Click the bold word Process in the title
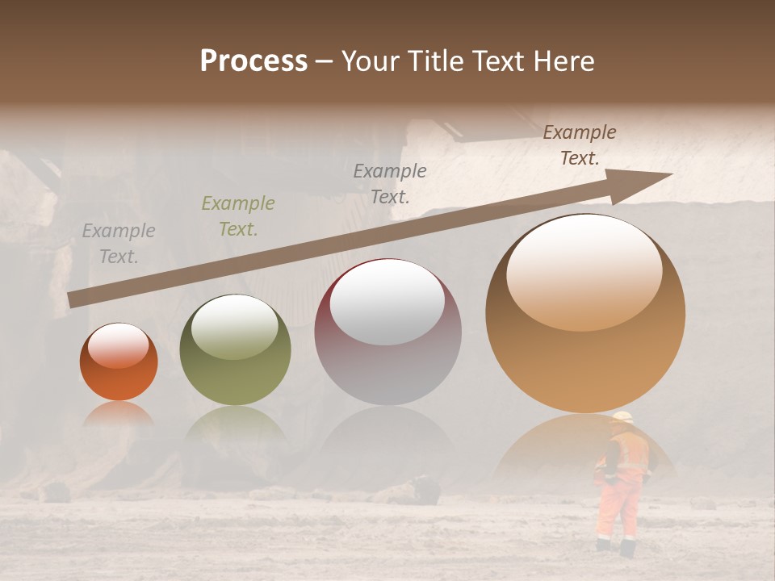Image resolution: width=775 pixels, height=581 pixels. (253, 61)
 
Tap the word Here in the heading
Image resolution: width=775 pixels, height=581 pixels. (564, 61)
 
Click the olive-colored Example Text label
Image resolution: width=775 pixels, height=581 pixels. (238, 216)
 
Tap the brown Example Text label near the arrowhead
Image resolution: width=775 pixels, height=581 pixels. (580, 145)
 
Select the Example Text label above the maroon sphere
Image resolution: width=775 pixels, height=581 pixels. (390, 183)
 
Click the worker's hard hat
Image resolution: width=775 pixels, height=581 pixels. (622, 417)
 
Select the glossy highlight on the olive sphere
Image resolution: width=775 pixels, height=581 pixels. (234, 327)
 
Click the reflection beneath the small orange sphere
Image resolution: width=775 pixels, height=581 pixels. (118, 413)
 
